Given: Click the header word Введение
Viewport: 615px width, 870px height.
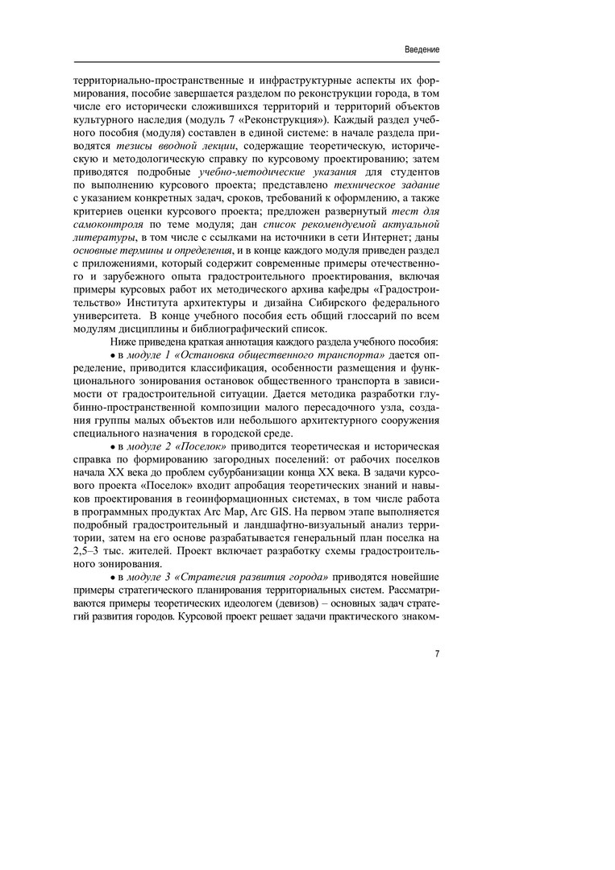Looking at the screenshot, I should (x=422, y=49).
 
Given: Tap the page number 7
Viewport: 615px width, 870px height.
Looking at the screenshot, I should (x=437, y=654).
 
